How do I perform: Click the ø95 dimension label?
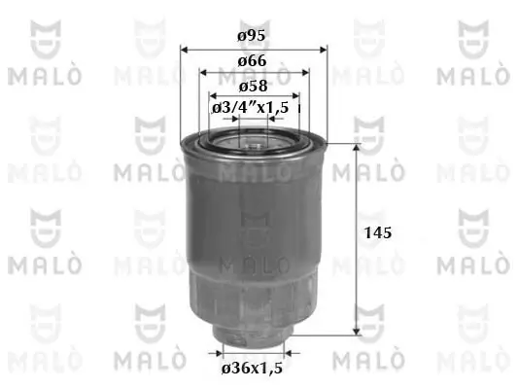point(252,36)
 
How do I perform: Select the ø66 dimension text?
point(252,60)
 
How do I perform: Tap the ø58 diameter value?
point(252,85)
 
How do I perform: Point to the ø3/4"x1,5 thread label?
point(251,107)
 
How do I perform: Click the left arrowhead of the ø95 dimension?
point(186,49)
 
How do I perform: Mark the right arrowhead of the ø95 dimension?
point(322,49)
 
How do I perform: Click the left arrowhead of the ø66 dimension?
point(204,73)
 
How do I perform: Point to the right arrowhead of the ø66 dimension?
point(303,73)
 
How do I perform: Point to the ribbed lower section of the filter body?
point(252,292)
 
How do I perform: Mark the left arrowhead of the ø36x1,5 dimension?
point(220,350)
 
